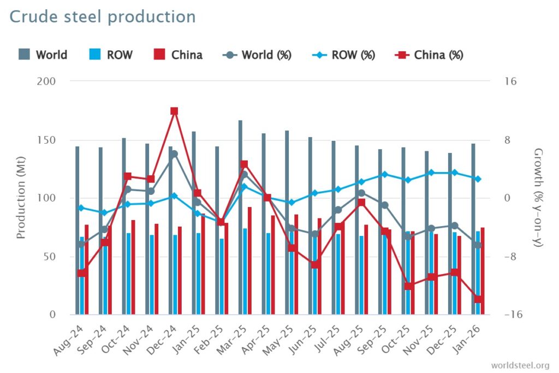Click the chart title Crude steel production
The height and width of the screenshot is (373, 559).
[x=102, y=17]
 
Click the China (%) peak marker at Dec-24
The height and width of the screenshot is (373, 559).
[x=174, y=111]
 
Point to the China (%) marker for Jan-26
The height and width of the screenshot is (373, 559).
[x=478, y=299]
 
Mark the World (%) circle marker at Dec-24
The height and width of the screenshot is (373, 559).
[x=174, y=154]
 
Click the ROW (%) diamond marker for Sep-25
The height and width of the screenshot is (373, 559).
[x=385, y=174]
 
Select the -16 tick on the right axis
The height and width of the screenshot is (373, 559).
[x=514, y=315]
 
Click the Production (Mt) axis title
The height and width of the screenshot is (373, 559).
[x=21, y=198]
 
